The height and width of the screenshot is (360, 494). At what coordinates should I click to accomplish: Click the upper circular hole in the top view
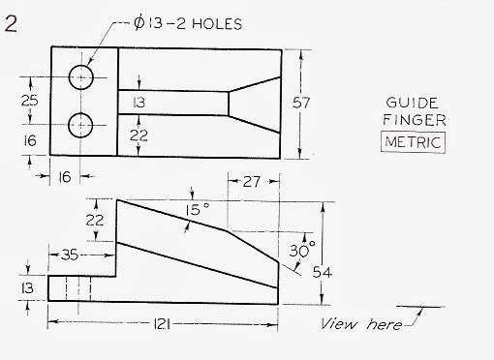[x=80, y=76]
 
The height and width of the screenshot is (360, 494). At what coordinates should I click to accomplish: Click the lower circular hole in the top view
[x=80, y=124]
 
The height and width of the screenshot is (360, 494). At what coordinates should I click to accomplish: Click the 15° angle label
[x=198, y=210]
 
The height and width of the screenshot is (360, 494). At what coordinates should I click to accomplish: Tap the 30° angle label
[x=301, y=250]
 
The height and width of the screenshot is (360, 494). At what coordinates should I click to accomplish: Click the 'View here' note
[x=361, y=324]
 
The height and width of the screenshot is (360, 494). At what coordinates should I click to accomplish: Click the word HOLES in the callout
[x=210, y=23]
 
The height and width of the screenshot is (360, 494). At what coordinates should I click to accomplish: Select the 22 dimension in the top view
[x=139, y=136]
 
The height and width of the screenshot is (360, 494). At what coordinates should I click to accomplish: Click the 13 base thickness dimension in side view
[x=28, y=287]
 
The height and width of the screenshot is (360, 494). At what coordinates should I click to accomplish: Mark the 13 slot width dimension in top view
[x=139, y=102]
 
